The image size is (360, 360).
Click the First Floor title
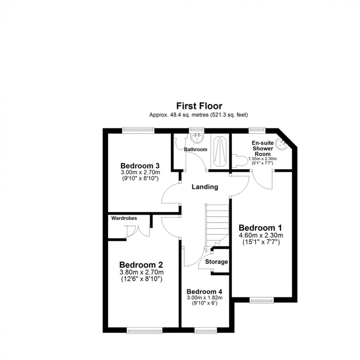(199, 106)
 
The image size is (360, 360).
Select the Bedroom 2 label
(141, 264)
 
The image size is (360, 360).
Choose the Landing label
(205, 187)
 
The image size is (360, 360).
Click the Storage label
(216, 262)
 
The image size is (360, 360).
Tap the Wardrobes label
(125, 218)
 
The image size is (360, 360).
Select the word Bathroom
(195, 150)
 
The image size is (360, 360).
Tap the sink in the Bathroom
(198, 138)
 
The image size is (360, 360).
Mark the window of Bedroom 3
(138, 129)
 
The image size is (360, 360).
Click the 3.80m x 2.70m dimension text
(141, 272)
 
